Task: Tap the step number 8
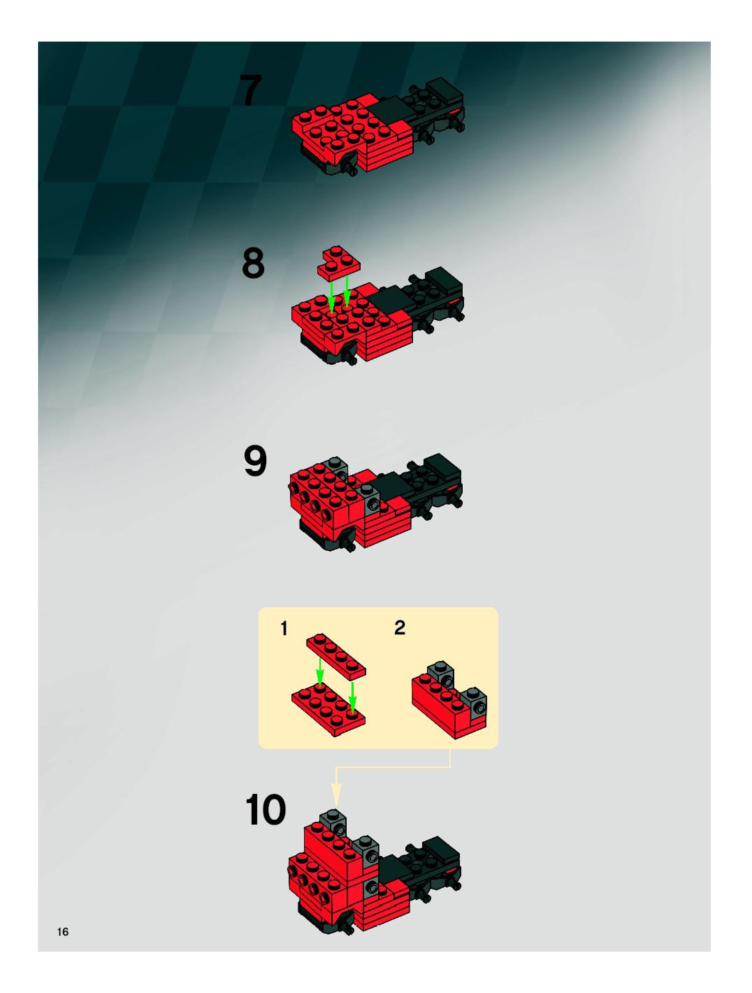tap(253, 263)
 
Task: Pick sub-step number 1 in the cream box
tap(284, 629)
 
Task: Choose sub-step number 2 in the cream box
tap(399, 628)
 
